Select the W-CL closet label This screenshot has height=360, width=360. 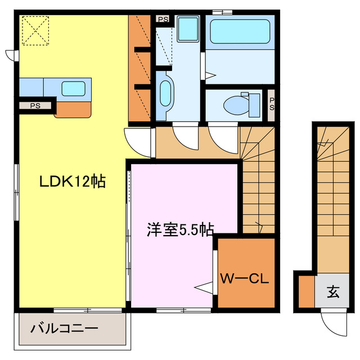coord(246,278)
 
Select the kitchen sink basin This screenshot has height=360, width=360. coord(73,88)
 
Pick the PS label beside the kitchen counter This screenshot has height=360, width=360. coord(35,105)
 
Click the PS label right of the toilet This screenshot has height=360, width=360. coord(271,105)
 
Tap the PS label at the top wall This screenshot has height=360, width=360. coord(163,19)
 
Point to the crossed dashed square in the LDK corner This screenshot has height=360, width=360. coord(34,30)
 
